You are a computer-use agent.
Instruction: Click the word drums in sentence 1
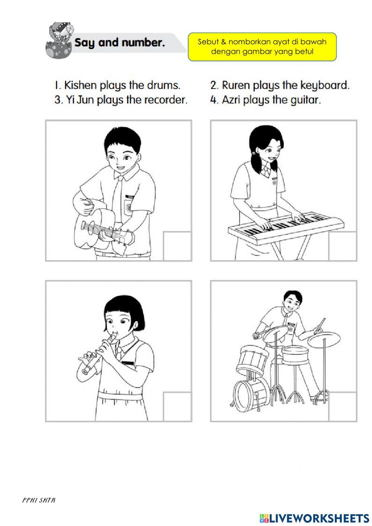pyautogui.click(x=163, y=85)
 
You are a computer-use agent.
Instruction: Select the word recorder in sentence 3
pyautogui.click(x=166, y=100)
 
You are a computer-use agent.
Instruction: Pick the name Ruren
pyautogui.click(x=236, y=85)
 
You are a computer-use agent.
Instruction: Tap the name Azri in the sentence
pyautogui.click(x=231, y=100)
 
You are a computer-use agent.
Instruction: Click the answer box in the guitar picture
pyautogui.click(x=177, y=246)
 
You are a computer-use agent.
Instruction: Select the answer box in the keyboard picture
pyautogui.click(x=343, y=246)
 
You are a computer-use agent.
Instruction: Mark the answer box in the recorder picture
pyautogui.click(x=177, y=407)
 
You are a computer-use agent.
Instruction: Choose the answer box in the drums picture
pyautogui.click(x=343, y=407)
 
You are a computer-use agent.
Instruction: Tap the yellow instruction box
pyautogui.click(x=262, y=47)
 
